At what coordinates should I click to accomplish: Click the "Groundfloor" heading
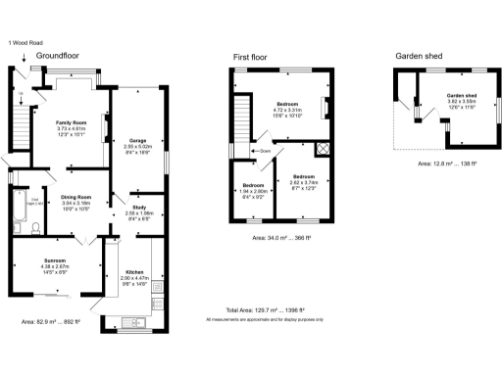pos(56,57)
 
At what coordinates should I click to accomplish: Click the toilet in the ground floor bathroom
pos(34,228)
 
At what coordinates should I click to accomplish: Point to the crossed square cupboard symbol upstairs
pos(321,150)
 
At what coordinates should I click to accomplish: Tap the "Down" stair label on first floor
pos(264,152)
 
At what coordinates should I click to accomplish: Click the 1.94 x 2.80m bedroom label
pos(252,184)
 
